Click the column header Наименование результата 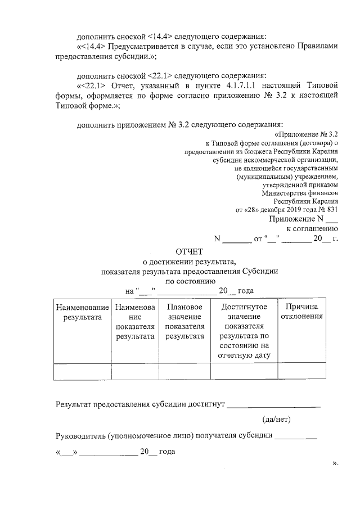(82, 312)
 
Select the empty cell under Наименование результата (82, 372)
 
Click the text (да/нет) (276, 419)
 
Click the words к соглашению (312, 229)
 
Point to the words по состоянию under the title (190, 281)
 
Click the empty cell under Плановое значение (184, 372)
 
